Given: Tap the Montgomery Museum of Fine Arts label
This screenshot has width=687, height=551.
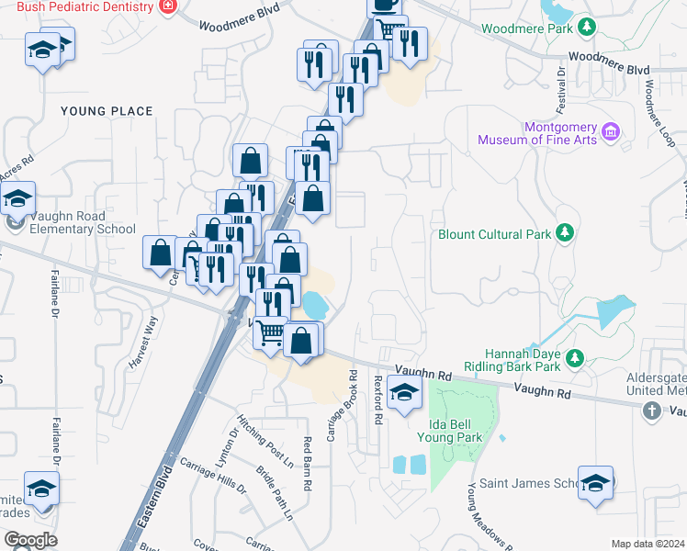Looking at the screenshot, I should (x=535, y=134).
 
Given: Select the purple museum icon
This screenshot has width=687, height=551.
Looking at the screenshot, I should (x=608, y=135).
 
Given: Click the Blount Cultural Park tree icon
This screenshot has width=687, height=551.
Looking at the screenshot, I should (x=567, y=234).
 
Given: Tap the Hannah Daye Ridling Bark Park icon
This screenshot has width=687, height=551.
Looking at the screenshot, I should (x=575, y=357).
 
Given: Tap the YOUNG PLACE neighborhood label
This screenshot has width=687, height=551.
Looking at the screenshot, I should (x=107, y=111).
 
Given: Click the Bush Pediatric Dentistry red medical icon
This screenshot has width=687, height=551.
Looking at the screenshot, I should (x=167, y=6).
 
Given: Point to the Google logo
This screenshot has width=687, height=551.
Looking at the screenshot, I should (x=30, y=539).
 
